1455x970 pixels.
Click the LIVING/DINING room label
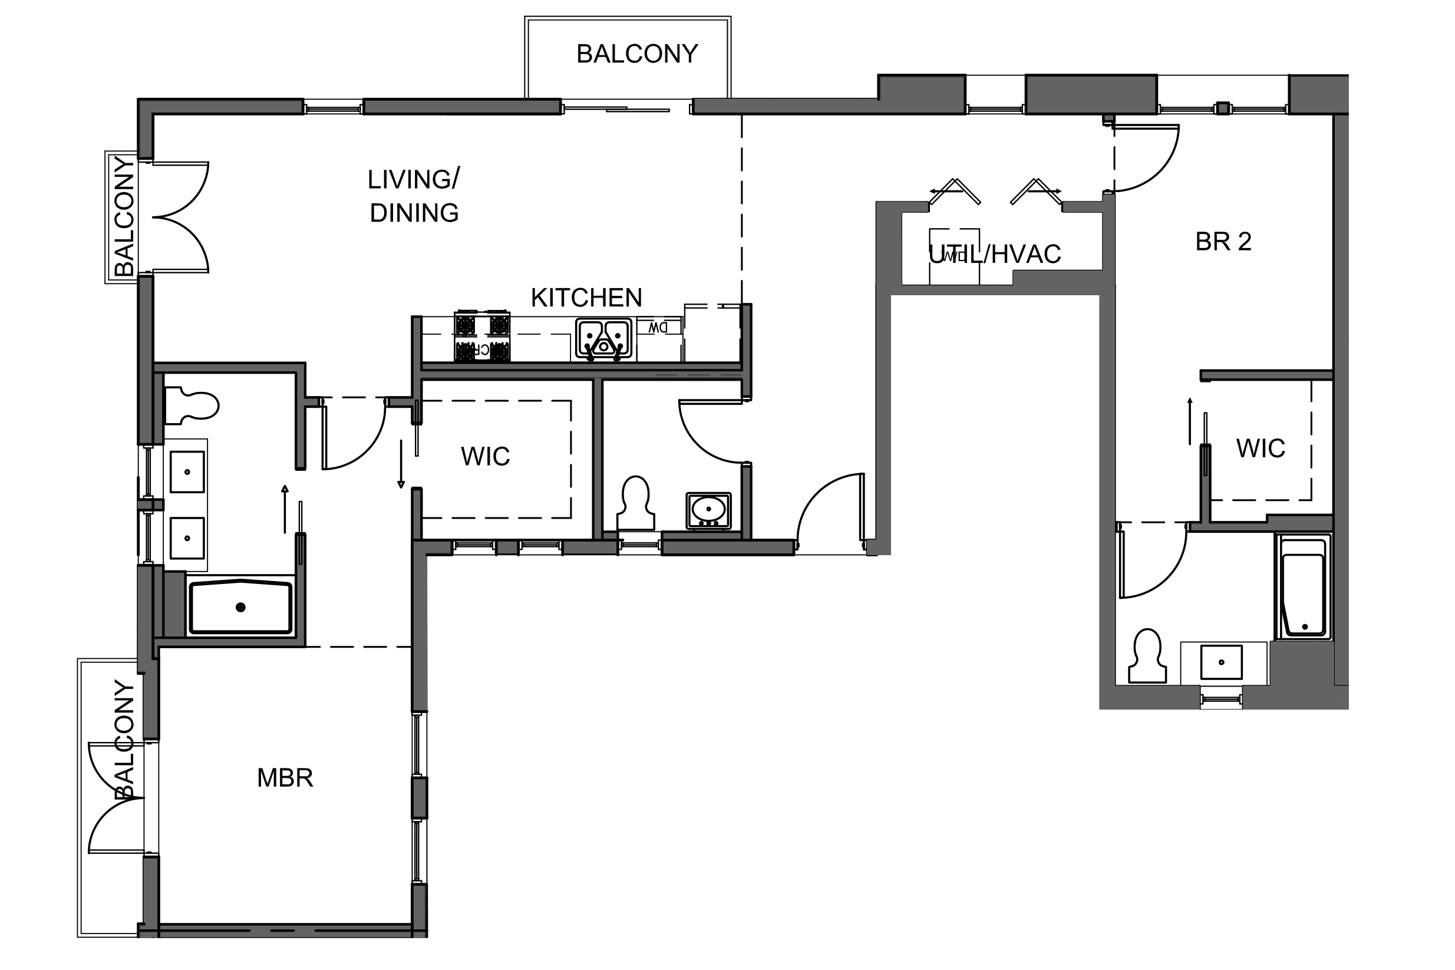tap(413, 196)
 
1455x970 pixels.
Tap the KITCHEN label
tap(586, 298)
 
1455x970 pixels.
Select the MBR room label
tap(285, 778)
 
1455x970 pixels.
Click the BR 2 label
tap(1222, 242)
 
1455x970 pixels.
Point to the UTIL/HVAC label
tap(995, 254)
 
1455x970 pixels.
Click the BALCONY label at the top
tap(636, 54)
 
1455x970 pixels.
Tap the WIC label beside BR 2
tap(1260, 448)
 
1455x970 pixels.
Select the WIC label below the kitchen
tap(485, 457)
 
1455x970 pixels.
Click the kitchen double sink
tap(603, 339)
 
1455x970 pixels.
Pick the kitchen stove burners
tap(482, 336)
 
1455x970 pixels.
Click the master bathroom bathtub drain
tap(240, 607)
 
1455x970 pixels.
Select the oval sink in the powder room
tap(708, 510)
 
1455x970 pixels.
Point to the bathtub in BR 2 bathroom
tap(1303, 586)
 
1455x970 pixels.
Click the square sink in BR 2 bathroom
tap(1221, 662)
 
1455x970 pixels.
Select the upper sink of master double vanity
tap(187, 472)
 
